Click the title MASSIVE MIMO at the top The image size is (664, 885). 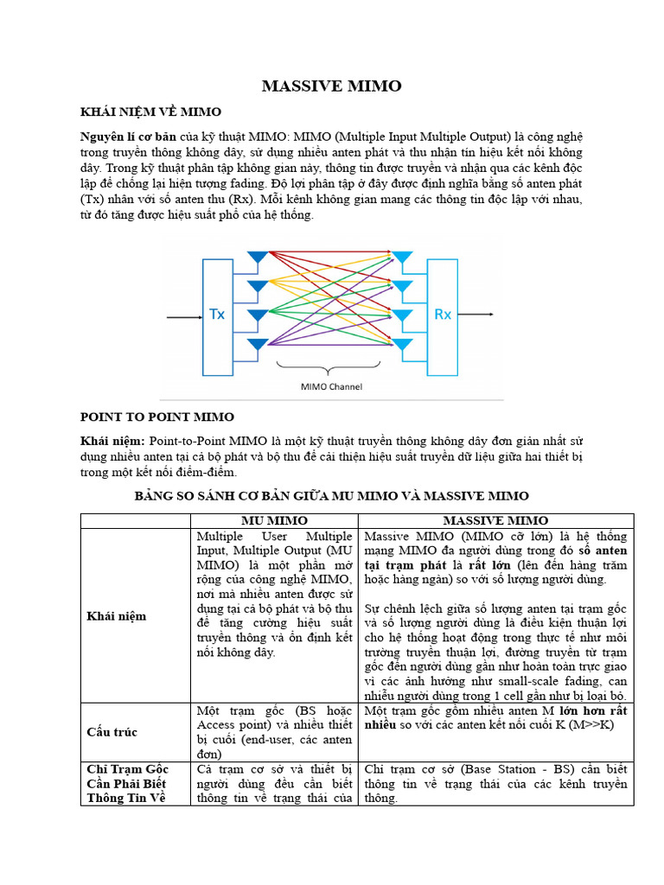(x=332, y=86)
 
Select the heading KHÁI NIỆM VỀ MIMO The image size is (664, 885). (x=150, y=112)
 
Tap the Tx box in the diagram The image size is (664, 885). (x=217, y=315)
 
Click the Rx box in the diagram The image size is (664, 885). (x=442, y=315)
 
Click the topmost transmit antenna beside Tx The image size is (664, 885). (x=257, y=258)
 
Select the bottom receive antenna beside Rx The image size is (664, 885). (x=403, y=347)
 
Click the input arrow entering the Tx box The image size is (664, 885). (x=182, y=317)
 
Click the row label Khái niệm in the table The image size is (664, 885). (x=117, y=616)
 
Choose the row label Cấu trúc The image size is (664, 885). (x=112, y=732)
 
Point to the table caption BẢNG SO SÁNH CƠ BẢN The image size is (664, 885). (x=331, y=495)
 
